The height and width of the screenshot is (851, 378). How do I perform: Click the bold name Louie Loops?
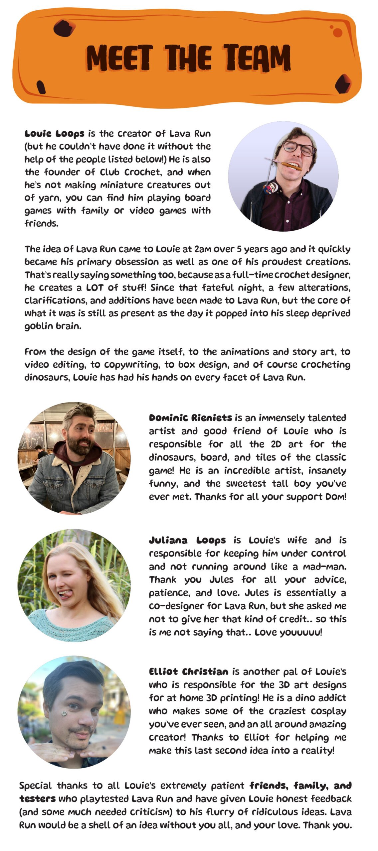55,134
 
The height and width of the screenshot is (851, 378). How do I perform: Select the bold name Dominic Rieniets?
190,418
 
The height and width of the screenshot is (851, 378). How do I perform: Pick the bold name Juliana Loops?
187,541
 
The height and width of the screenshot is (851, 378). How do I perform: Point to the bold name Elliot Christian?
189,672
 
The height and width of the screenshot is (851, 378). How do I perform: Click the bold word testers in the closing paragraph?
37,798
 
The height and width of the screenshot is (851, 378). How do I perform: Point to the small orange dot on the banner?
337,32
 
